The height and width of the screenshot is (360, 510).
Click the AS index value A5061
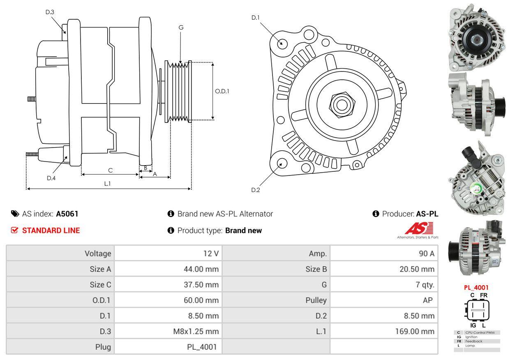click(67, 214)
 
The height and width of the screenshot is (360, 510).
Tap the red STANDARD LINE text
click(51, 231)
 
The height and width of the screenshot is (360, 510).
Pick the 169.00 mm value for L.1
click(415, 331)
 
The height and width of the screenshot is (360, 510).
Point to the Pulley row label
click(316, 300)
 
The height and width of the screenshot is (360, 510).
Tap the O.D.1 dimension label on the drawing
click(222, 91)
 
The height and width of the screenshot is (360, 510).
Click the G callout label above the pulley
click(181, 28)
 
